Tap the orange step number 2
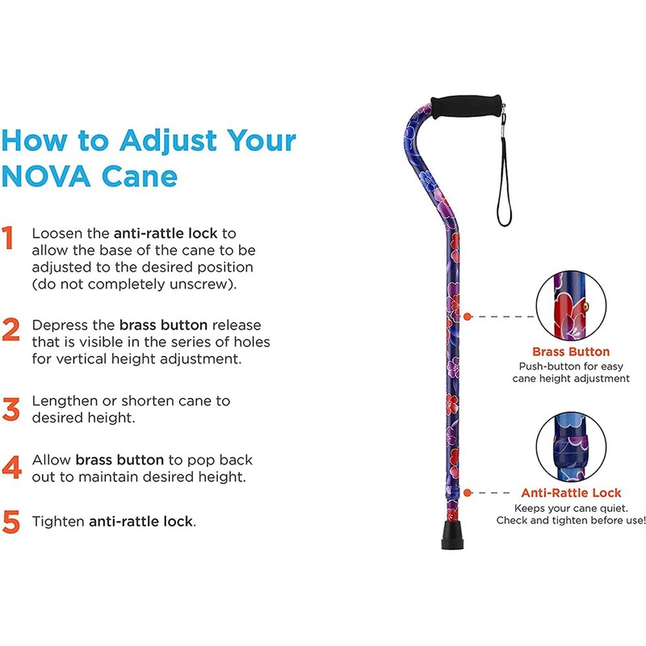pos(11,329)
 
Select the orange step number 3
pos(11,409)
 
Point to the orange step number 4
pos(11,468)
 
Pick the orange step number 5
pos(11,521)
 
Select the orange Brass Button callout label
pos(570,352)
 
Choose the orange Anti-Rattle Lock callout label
pos(571,493)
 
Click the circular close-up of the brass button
pos(570,306)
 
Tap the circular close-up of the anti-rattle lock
pos(570,447)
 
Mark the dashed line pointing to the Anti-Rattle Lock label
pos(489,492)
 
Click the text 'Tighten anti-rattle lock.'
pos(114,522)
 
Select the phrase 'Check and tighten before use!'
pos(571,521)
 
